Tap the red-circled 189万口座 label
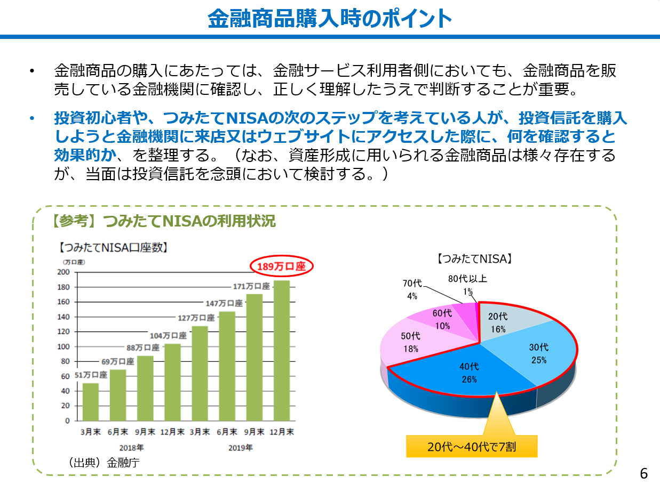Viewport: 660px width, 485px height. coord(281,266)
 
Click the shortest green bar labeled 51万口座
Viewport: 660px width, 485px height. coord(90,402)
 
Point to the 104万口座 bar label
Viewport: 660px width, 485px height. coord(168,336)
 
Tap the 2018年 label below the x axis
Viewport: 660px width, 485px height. coord(131,448)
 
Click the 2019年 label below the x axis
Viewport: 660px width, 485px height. coord(241,448)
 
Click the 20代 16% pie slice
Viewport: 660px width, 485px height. coord(502,322)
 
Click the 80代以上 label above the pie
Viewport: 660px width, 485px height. coord(467,278)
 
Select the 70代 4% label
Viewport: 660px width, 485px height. coord(412,288)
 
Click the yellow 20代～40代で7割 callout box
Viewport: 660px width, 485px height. coord(472,447)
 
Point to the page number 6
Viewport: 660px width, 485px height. coord(643,473)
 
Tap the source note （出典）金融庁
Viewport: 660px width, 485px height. coord(102,462)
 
